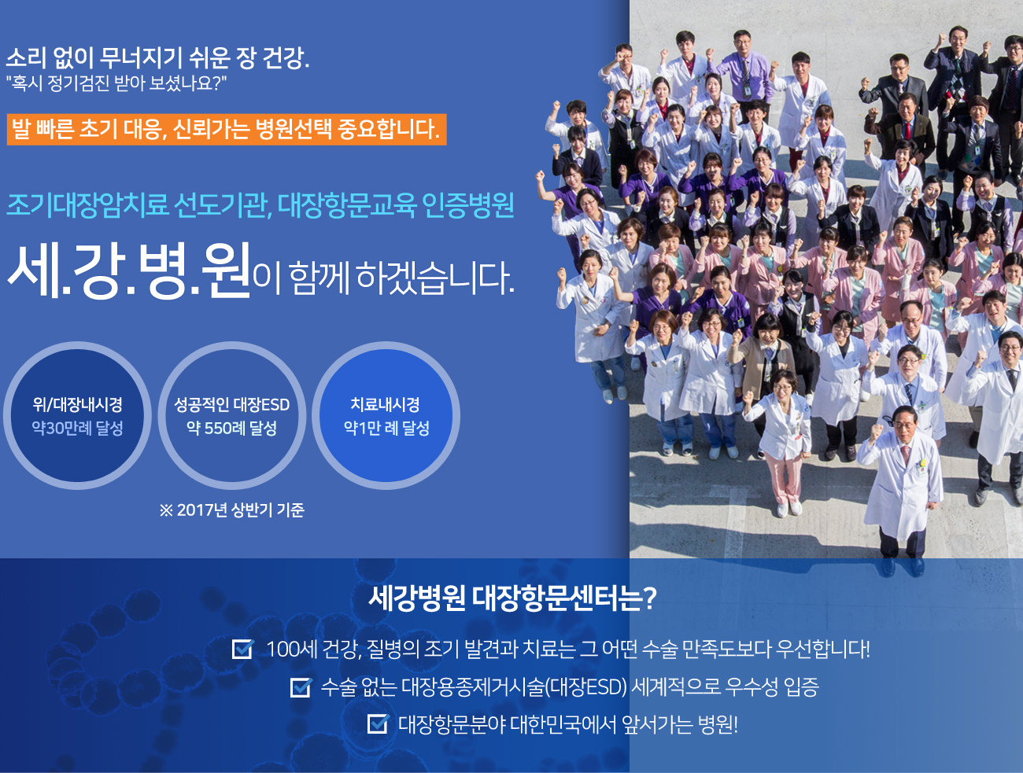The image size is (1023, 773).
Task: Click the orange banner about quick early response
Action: click(227, 130)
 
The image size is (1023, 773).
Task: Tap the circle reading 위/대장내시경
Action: click(77, 415)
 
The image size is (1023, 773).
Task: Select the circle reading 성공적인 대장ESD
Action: click(231, 415)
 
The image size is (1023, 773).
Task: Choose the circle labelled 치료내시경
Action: click(386, 415)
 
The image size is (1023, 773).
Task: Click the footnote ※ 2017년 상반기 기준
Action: click(231, 510)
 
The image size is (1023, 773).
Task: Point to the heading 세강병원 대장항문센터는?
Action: click(512, 598)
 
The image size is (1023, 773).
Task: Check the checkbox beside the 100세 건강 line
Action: click(243, 649)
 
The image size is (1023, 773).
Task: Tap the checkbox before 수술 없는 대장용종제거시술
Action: click(301, 686)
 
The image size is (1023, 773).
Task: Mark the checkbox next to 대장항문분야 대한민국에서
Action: click(378, 723)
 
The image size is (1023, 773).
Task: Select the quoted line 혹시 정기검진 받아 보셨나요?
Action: click(116, 84)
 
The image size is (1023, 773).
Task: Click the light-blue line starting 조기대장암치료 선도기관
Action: click(260, 205)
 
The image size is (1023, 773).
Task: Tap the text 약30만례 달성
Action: click(77, 428)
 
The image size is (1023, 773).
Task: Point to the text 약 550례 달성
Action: click(231, 428)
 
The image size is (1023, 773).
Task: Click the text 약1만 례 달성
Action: click(386, 428)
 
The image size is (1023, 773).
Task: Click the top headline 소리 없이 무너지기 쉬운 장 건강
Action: click(157, 57)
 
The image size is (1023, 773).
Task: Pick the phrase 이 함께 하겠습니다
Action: click(383, 278)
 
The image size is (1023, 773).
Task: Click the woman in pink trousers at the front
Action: click(783, 443)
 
